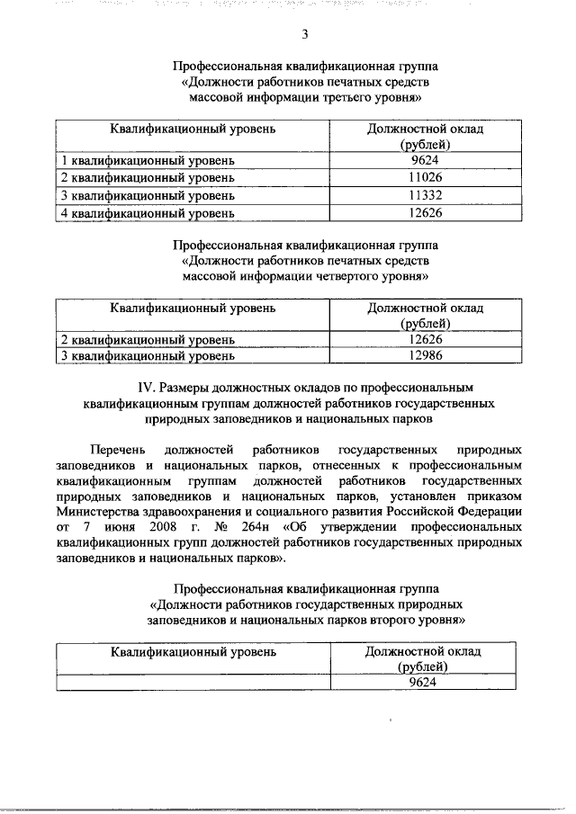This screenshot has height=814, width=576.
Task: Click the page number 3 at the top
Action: [x=305, y=35]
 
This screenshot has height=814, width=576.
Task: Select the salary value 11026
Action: [x=425, y=178]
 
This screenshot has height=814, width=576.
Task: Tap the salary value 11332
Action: [x=425, y=195]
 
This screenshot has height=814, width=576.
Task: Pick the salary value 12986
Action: [x=425, y=357]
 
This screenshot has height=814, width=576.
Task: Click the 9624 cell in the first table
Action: [x=425, y=161]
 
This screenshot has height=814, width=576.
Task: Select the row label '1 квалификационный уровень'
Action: [x=147, y=161]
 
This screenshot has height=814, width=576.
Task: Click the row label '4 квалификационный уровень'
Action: [x=147, y=213]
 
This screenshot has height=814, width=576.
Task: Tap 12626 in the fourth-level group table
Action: [x=425, y=340]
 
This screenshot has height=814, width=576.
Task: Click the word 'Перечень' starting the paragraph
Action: [x=114, y=448]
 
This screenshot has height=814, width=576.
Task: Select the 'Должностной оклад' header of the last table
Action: [x=423, y=650]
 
